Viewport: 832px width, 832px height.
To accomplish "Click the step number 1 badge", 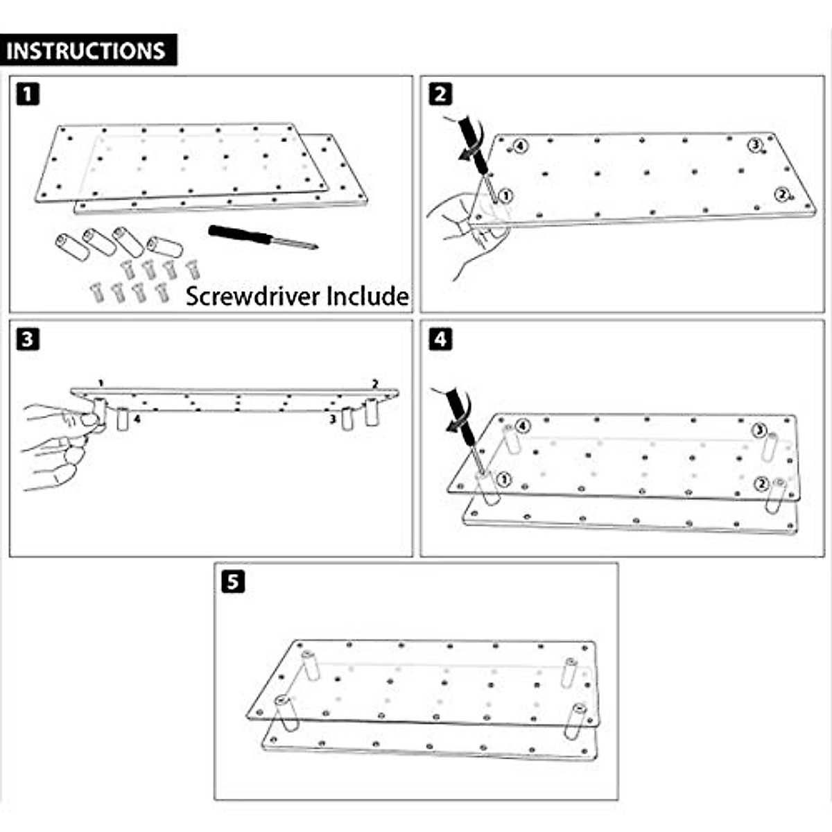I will [27, 94].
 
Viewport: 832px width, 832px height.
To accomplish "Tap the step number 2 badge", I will [440, 94].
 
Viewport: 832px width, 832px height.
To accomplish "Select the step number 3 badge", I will [27, 339].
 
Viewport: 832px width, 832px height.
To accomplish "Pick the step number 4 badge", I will [440, 339].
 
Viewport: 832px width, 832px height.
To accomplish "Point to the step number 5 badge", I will [232, 581].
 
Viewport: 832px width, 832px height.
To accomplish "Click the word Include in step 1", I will [367, 296].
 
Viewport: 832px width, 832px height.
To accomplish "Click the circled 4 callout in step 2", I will [521, 146].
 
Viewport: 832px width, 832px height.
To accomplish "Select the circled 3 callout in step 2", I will [755, 145].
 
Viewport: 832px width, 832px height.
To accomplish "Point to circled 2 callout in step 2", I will [781, 195].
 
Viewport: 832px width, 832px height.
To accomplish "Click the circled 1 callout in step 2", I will [505, 196].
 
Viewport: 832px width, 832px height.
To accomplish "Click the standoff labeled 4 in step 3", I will [123, 419].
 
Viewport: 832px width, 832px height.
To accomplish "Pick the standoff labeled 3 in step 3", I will [348, 418].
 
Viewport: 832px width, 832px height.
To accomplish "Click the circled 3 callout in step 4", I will [760, 431].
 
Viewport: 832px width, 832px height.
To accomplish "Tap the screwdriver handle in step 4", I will [458, 410].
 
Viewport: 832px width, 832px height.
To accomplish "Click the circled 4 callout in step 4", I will [522, 426].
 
